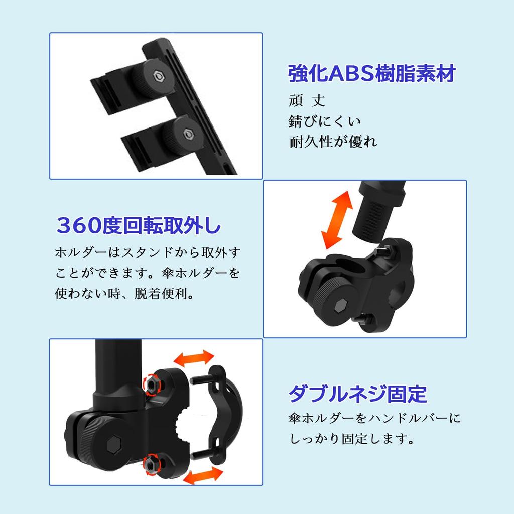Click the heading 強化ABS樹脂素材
pos(371,74)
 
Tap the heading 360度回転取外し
pos(138,226)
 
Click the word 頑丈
pos(307,100)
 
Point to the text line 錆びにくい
pos(325,121)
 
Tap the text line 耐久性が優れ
pos(333,142)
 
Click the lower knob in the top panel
pos(184,133)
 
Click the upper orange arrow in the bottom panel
pos(193,358)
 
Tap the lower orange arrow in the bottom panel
pos(203,475)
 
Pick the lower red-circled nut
pos(149,465)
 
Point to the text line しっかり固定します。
pos(352,439)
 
